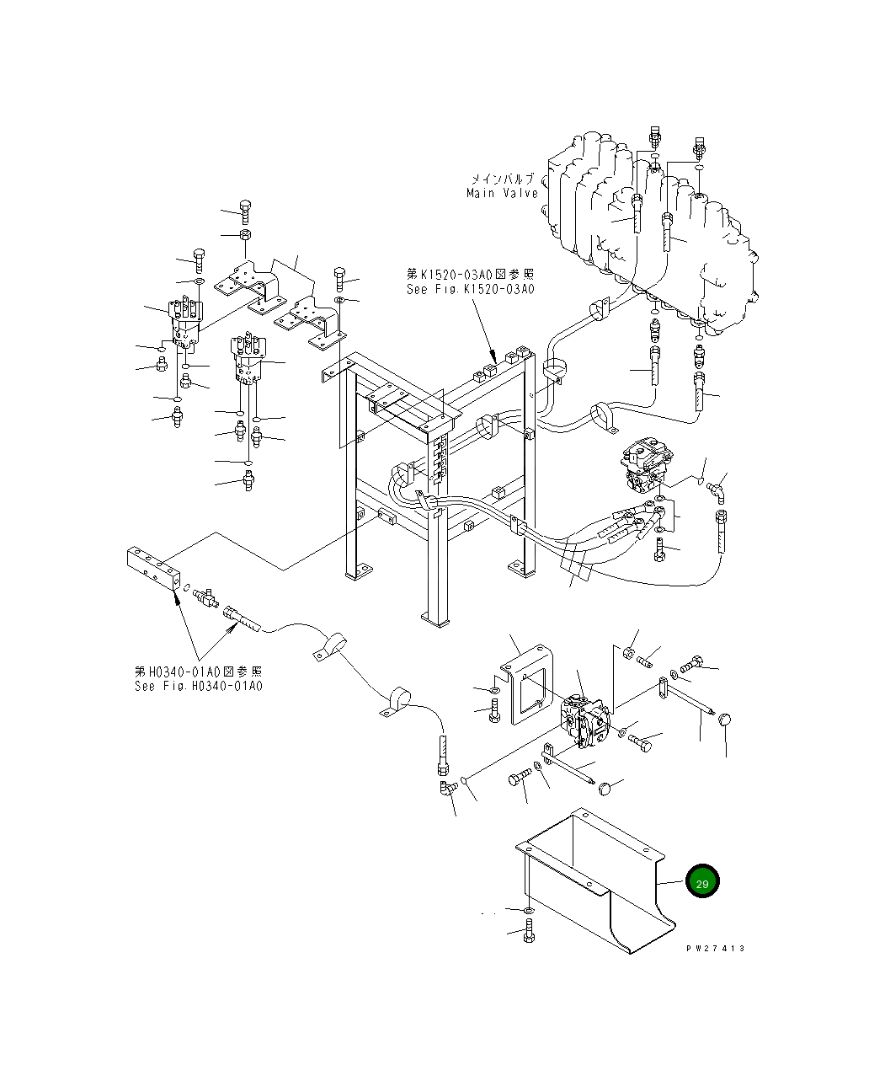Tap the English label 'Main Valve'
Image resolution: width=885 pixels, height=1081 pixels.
point(502,193)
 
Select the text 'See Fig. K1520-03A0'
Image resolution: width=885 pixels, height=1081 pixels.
point(470,289)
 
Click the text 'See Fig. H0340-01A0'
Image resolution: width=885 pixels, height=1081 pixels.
point(199,686)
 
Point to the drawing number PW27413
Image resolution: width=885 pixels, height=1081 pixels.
point(715,948)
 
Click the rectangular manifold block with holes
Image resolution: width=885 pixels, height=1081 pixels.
point(153,569)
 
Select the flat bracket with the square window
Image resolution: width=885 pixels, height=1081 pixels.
point(527,685)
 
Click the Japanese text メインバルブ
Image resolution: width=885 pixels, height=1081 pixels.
point(502,179)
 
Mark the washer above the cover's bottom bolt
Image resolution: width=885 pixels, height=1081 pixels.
point(528,910)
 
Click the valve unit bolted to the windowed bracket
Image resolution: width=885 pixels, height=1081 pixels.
point(585,720)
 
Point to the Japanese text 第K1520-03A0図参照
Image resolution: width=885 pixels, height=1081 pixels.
point(470,274)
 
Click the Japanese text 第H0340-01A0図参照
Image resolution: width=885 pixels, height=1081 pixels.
point(199,671)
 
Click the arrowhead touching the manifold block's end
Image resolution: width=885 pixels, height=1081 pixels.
point(177,597)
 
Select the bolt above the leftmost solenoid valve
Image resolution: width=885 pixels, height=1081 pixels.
point(200,260)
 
